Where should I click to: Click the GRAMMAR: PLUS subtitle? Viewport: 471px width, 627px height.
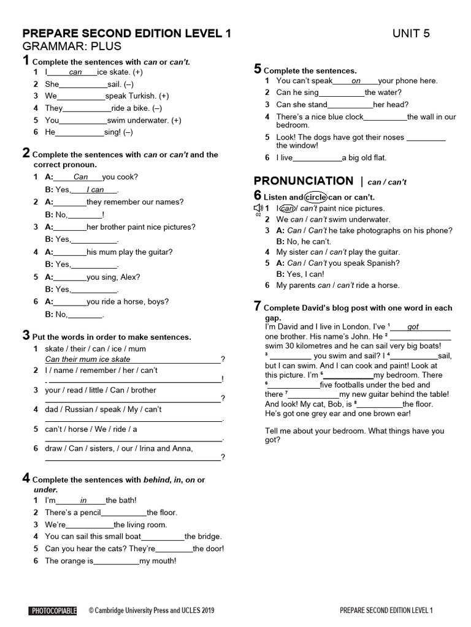[x=72, y=47]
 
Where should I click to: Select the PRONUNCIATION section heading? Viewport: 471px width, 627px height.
[x=304, y=181]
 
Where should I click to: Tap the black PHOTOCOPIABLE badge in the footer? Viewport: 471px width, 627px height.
[x=53, y=610]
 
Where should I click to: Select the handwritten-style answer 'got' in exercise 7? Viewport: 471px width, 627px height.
[x=413, y=327]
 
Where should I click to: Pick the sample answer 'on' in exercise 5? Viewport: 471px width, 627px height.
[x=356, y=81]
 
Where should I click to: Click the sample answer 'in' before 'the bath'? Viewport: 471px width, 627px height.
[x=83, y=500]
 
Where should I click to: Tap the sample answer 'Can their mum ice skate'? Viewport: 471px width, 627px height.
[x=88, y=359]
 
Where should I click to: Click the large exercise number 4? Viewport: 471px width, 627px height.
[x=26, y=478]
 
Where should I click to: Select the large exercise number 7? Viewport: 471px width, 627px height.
[x=258, y=307]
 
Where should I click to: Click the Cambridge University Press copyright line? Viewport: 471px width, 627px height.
[x=151, y=610]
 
